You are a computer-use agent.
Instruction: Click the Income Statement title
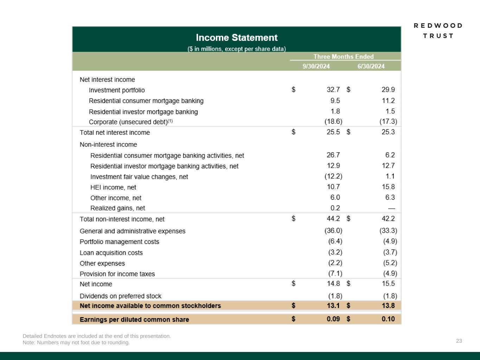[237, 38]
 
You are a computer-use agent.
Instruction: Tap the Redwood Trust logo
[438, 31]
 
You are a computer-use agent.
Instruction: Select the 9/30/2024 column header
[316, 66]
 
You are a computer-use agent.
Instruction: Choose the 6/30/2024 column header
[371, 66]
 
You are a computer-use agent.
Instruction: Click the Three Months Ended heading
[344, 57]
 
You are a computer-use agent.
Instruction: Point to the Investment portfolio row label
[117, 90]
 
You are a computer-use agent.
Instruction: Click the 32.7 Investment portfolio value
[333, 90]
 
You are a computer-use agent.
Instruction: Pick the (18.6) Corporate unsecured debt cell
[333, 121]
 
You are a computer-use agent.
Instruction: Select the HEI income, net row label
[113, 187]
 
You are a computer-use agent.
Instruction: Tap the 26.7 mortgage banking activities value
[333, 155]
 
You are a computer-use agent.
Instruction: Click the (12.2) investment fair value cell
[333, 176]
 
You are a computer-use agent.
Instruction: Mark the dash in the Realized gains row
[391, 208]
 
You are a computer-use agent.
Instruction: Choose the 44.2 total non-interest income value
[333, 219]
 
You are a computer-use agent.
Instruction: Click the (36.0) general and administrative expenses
[333, 231]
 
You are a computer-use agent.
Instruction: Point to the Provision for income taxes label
[117, 274]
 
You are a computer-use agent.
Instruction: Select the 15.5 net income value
[388, 283]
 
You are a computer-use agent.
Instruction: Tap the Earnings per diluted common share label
[134, 320]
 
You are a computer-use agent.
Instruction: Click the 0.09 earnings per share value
[333, 319]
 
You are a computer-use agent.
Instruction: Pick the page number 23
[459, 341]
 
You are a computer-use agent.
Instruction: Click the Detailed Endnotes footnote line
[97, 336]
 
